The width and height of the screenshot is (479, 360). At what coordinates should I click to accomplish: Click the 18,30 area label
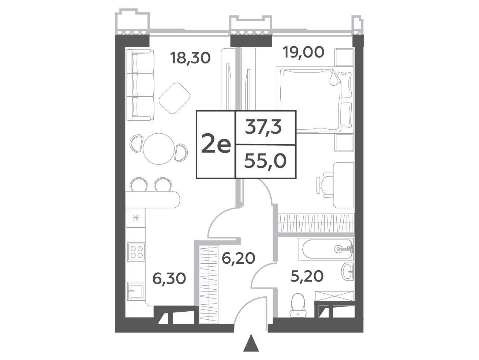(x=191, y=58)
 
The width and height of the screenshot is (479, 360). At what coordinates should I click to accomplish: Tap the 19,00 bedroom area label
(x=303, y=52)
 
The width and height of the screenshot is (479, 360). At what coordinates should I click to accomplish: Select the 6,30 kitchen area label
(x=169, y=279)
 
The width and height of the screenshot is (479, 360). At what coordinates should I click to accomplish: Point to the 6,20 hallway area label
(x=238, y=258)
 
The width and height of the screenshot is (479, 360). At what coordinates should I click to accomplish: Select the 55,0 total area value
(x=265, y=161)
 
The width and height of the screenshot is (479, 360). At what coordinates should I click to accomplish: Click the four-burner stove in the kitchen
(x=136, y=252)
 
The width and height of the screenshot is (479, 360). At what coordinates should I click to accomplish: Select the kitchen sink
(x=135, y=291)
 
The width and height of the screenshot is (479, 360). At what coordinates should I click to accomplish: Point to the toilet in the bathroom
(x=298, y=305)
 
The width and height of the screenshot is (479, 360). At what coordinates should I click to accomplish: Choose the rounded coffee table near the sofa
(x=174, y=98)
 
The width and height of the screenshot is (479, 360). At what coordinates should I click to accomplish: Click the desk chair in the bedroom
(x=325, y=185)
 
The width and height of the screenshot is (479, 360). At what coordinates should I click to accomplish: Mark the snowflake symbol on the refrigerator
(x=136, y=218)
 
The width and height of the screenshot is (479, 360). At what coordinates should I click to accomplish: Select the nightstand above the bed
(x=344, y=57)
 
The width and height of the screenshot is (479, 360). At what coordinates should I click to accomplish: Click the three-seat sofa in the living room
(x=140, y=85)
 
